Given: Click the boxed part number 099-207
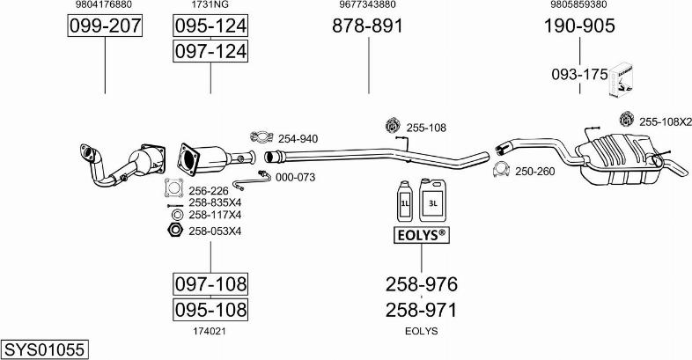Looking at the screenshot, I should pos(105,26).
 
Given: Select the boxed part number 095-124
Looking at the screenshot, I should pos(210,26).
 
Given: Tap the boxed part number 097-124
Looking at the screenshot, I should pos(210,53).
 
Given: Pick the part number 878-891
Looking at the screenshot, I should pos(367,26).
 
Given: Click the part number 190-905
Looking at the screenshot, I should pos(578,26).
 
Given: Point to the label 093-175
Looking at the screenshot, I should pos(579,75).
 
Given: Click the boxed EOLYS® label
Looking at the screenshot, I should pos(420,235).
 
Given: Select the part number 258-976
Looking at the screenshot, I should pos(421,284).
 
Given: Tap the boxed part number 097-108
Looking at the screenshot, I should pos(210,284).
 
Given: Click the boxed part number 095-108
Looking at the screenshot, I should pos(210,310).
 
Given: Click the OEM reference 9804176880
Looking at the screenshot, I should pos(105,4).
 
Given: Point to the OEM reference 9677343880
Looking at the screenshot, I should pos(367,4).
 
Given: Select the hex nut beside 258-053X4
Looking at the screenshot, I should pos(173,231).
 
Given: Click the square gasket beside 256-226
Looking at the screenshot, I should pos(173,189).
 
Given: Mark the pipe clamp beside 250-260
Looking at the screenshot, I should pos(501,171).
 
